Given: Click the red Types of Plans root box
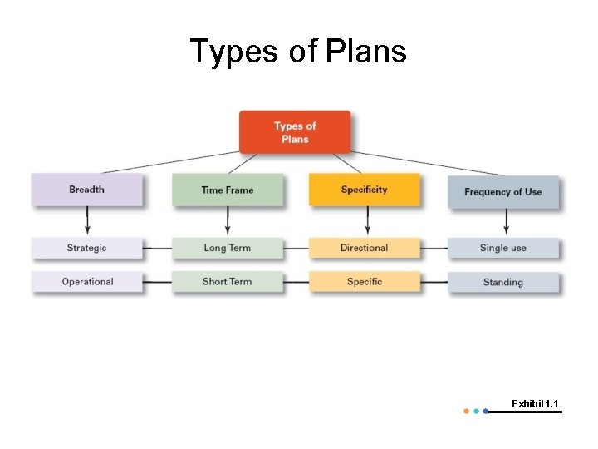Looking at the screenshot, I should (x=295, y=132).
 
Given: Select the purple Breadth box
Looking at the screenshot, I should (x=86, y=190).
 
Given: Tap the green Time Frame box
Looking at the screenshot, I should (x=227, y=190).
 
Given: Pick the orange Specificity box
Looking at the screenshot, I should (x=364, y=190).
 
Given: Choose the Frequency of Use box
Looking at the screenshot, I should (x=502, y=192).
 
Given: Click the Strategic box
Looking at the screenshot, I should (x=86, y=248).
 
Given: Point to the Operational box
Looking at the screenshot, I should (x=86, y=282).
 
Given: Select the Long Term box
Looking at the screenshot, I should (x=227, y=248).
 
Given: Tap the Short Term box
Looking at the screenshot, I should (x=227, y=282).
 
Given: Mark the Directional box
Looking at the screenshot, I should (x=364, y=248).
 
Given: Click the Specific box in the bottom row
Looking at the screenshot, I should (x=364, y=282).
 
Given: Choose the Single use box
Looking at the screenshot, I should (x=502, y=248).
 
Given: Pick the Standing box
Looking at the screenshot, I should (x=502, y=283).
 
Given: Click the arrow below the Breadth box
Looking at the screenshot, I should (x=87, y=222).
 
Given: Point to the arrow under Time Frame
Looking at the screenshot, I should (x=228, y=222).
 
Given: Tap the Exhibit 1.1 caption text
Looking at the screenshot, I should (x=535, y=404).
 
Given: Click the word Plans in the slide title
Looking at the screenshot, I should (x=366, y=51).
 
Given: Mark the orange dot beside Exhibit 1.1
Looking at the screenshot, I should (x=466, y=411).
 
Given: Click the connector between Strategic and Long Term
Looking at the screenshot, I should (x=157, y=249).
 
